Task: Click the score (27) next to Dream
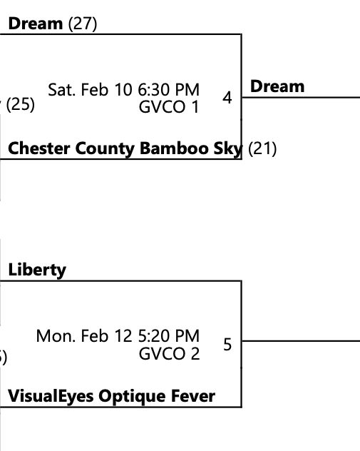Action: click(x=83, y=24)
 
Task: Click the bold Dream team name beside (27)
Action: click(x=36, y=24)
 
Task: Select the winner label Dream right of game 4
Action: click(x=277, y=86)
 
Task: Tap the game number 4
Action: click(x=227, y=98)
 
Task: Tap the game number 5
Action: click(x=227, y=344)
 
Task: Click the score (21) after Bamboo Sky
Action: click(x=262, y=148)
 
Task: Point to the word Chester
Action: click(x=39, y=148)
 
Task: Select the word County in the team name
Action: click(x=105, y=149)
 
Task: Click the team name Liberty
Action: click(x=37, y=270)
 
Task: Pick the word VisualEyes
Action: click(x=51, y=396)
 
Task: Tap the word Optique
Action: click(x=132, y=396)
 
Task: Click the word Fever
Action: click(x=193, y=396)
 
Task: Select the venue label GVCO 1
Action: click(x=169, y=107)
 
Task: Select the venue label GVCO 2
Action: click(x=169, y=353)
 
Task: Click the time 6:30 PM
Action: click(x=168, y=89)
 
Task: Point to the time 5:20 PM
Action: click(x=169, y=335)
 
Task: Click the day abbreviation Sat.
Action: click(x=61, y=89)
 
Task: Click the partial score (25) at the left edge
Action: click(x=20, y=104)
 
